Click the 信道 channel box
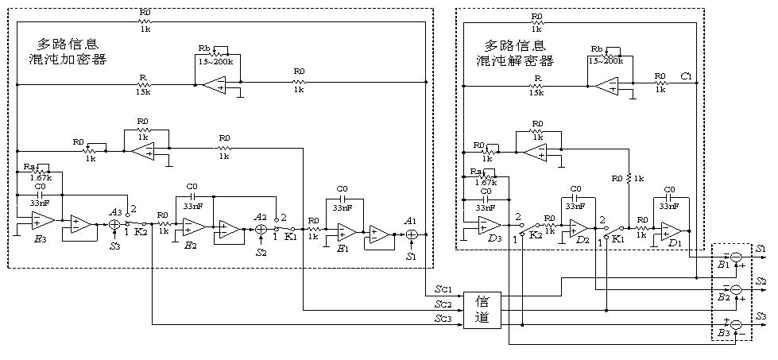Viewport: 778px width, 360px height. [x=482, y=311]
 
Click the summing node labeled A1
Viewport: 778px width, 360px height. [x=412, y=234]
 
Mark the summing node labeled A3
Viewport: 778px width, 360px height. [x=114, y=225]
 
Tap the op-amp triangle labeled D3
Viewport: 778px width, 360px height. [x=488, y=225]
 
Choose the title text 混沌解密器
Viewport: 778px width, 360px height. [x=520, y=60]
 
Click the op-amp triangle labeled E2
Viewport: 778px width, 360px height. [x=190, y=227]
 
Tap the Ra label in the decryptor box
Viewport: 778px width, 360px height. [x=476, y=172]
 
